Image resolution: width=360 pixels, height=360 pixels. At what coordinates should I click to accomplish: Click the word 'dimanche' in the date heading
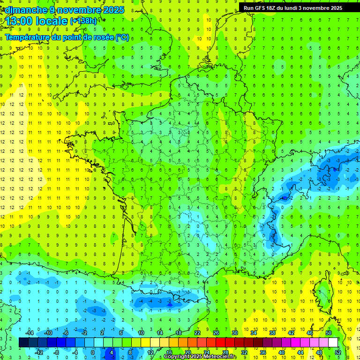tap(24, 10)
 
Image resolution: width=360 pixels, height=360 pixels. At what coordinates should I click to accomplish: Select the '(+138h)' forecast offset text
tap(83, 21)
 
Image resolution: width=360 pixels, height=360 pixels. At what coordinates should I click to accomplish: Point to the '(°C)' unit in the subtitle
tap(122, 37)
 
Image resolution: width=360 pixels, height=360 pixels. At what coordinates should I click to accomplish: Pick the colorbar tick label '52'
tap(337, 352)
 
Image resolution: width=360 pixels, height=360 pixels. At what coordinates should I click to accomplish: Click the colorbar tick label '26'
tap(216, 332)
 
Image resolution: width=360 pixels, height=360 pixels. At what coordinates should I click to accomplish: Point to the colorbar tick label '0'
tap(92, 352)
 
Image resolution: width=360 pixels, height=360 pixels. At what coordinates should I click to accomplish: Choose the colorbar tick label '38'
tap(272, 332)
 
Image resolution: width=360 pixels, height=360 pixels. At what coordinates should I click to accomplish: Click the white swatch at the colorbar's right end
tap(333, 343)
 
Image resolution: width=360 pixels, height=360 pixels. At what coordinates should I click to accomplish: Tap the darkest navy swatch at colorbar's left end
tap(23, 343)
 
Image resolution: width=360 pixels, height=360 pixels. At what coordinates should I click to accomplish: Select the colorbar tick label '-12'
tap(39, 352)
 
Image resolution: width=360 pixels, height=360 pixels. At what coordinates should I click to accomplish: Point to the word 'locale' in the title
tap(52, 21)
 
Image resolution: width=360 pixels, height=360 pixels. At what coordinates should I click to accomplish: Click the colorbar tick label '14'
tap(159, 332)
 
